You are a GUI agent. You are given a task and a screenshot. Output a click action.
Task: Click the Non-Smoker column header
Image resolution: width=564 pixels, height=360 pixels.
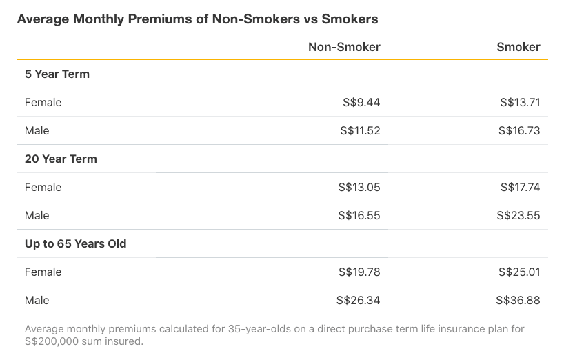344,47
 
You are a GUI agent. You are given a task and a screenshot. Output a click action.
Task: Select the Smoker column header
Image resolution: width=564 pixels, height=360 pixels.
518,47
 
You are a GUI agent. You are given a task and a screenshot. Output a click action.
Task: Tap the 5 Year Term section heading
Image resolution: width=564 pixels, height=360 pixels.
57,74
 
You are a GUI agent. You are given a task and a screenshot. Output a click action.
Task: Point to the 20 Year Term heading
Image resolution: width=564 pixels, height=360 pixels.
61,159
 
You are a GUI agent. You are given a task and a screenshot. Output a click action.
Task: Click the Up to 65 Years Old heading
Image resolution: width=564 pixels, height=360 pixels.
76,243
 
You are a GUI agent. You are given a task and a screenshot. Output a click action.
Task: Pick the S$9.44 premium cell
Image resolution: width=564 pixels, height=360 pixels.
361,102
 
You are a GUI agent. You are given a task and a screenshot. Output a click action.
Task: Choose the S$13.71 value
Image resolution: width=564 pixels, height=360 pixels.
520,102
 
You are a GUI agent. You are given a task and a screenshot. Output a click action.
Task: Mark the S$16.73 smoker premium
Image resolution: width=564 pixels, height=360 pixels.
520,130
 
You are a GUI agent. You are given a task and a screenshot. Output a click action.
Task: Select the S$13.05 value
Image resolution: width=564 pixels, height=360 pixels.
359,187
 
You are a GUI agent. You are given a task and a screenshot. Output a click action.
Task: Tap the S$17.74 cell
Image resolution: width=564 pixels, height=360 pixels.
520,187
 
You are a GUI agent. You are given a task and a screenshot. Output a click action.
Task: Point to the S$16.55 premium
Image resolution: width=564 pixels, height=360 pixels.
359,215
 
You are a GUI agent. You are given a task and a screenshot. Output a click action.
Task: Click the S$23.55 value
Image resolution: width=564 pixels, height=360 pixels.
518,215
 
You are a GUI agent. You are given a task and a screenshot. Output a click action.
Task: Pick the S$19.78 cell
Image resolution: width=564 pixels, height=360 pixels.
359,272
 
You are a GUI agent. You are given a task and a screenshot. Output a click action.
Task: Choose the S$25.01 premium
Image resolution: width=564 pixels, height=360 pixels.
519,272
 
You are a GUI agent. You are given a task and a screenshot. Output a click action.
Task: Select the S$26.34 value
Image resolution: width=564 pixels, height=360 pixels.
358,300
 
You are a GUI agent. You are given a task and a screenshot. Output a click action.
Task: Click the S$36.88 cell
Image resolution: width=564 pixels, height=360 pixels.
518,300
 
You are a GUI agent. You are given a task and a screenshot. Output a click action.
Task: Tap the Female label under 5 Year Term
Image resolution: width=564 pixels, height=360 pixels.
43,102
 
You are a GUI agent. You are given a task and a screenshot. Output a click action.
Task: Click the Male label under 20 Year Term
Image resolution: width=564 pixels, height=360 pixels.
37,215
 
